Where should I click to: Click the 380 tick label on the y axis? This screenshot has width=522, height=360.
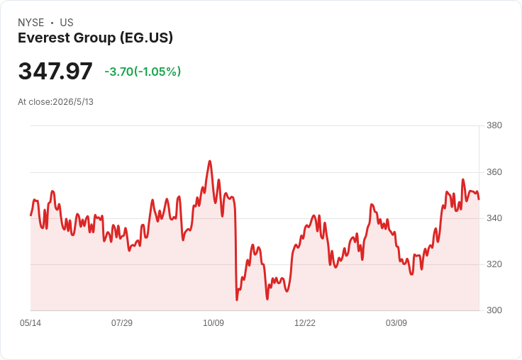click(494, 125)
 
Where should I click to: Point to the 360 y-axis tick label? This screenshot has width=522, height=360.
click(494, 172)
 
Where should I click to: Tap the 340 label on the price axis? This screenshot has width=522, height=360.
click(494, 218)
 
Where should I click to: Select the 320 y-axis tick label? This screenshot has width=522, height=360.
click(494, 264)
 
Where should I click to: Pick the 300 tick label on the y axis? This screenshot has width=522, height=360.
click(494, 310)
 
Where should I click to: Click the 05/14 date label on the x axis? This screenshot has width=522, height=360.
click(30, 322)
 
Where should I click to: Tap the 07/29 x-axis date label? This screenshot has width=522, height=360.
click(122, 322)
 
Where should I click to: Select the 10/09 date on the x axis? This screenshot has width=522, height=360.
click(213, 322)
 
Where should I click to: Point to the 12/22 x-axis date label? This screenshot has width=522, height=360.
click(305, 322)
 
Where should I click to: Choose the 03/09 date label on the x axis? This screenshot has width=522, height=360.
click(396, 322)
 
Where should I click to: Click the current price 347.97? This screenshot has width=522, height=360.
click(55, 71)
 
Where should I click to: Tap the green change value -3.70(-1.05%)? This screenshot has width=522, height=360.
click(143, 72)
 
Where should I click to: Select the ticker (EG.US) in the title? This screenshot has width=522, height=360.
click(147, 38)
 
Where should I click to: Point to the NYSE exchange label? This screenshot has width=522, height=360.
click(31, 23)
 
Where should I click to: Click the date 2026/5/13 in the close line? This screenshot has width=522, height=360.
click(73, 102)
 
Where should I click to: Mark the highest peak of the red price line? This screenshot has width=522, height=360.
click(210, 161)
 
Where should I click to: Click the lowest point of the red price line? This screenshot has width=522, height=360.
click(237, 300)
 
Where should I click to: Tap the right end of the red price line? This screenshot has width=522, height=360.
click(479, 199)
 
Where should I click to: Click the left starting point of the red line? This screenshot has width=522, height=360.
click(30, 215)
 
